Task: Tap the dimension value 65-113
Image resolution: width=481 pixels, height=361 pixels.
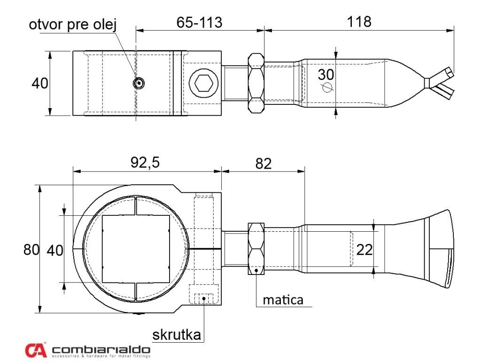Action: click(x=199, y=22)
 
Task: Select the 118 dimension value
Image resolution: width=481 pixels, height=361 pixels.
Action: click(x=359, y=22)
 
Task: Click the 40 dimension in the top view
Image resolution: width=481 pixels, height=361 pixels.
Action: click(x=40, y=83)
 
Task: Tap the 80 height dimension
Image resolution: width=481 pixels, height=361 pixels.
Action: click(x=31, y=250)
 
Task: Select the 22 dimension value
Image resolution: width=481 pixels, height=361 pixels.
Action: click(x=365, y=250)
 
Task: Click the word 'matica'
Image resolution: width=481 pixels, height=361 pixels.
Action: click(x=283, y=299)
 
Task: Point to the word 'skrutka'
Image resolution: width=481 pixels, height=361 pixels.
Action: click(x=177, y=335)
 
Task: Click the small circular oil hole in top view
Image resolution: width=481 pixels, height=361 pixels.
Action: click(x=138, y=83)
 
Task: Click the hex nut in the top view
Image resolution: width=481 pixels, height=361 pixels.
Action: click(x=256, y=83)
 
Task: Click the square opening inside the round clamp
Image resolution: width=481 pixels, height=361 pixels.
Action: click(x=135, y=249)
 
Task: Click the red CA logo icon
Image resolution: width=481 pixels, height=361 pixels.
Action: click(x=36, y=349)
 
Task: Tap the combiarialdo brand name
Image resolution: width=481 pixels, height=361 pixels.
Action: click(x=101, y=350)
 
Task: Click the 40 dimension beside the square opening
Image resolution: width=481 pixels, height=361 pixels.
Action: click(x=55, y=251)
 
